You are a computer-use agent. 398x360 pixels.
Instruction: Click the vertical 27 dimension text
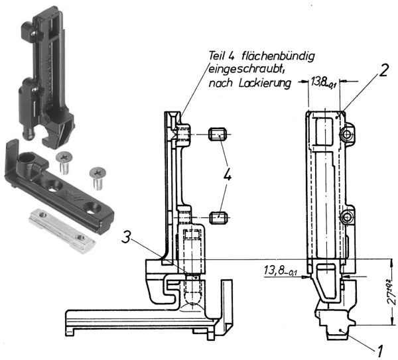pyautogui.click(x=389, y=290)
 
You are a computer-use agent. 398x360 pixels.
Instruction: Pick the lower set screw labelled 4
pyautogui.click(x=219, y=217)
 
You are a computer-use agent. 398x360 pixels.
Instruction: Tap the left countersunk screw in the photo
pyautogui.click(x=64, y=158)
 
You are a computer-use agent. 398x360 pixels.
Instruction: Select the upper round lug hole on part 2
pyautogui.click(x=345, y=135)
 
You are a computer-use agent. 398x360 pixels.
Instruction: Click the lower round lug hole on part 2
pyautogui.click(x=345, y=218)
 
